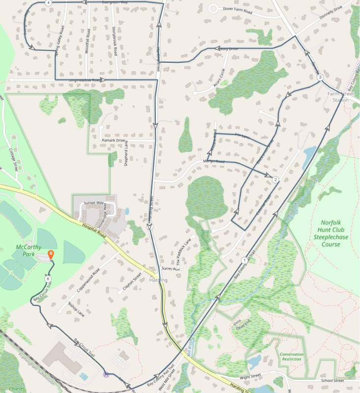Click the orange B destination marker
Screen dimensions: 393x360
(50, 255)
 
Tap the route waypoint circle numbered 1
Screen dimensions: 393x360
(244, 260)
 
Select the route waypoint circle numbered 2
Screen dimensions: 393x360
(275, 180)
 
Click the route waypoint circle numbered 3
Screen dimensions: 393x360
(320, 77)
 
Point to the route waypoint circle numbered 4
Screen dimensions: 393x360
(48, 2)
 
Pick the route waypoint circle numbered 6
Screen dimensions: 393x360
(48, 279)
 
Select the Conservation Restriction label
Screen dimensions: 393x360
(292, 357)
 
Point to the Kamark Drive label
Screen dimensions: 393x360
(114, 141)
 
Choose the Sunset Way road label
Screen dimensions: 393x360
(93, 203)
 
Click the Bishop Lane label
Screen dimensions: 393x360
(76, 308)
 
